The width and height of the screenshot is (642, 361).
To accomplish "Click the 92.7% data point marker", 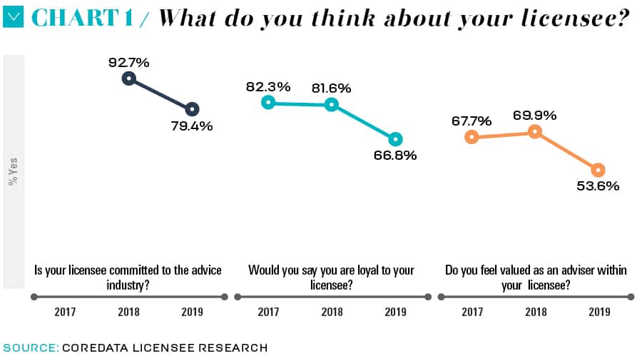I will (x=128, y=78).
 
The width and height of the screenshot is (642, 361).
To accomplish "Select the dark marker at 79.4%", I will (x=191, y=109).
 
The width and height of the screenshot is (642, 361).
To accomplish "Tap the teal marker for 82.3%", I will (x=268, y=102).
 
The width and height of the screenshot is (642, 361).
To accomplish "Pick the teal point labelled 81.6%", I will (x=331, y=104).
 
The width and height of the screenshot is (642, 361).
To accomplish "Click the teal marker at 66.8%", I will (x=395, y=139).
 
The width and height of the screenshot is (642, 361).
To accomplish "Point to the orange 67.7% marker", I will (x=471, y=136).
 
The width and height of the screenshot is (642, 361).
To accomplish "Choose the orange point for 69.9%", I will (x=534, y=131).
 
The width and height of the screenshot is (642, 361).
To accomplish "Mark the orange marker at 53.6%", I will (x=598, y=170).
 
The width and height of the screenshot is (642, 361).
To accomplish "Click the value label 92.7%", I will (x=128, y=62).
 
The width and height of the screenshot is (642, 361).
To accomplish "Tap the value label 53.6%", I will (x=598, y=186).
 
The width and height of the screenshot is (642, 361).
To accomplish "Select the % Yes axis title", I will (x=13, y=172).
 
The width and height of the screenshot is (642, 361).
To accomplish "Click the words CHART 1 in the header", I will (x=83, y=19).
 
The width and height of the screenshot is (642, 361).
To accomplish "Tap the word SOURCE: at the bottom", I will (x=31, y=347).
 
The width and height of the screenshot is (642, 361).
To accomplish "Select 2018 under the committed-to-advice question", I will (x=128, y=312).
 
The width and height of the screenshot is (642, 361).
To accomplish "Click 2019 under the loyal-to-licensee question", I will (x=395, y=312).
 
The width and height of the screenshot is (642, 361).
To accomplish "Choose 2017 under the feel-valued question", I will (x=472, y=312).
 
